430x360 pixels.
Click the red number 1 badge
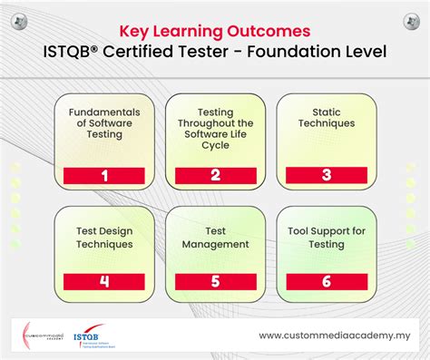pos(104,176)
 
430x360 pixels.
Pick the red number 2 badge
pos(214,176)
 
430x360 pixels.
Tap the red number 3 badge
pos(326,176)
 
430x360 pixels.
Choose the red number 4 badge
pos(104,280)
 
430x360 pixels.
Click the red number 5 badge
pos(214,280)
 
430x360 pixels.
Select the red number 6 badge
pos(326,280)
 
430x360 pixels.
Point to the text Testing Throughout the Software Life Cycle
pos(214,127)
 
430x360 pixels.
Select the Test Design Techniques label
pos(104,238)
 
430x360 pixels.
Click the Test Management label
pos(214,238)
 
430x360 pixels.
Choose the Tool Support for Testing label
pos(326,238)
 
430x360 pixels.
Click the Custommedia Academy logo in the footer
pos(40,336)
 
